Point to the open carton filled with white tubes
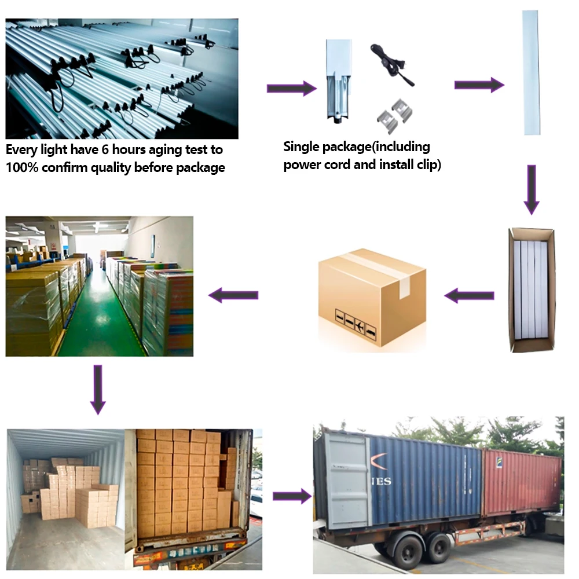[530, 289]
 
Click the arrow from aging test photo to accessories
[291, 89]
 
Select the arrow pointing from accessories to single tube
[479, 85]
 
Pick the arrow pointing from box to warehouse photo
[233, 295]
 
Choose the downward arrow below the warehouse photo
[98, 389]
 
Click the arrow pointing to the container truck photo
[291, 496]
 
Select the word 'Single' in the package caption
[302, 146]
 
